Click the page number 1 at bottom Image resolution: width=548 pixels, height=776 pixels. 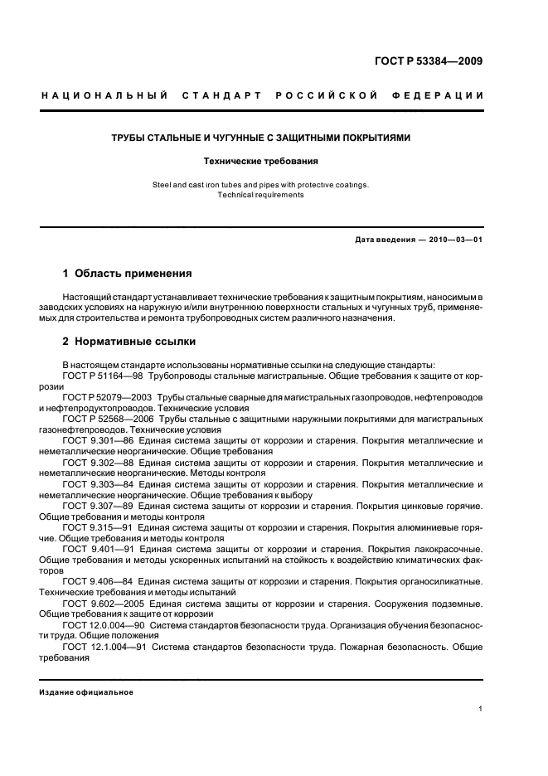click(x=481, y=708)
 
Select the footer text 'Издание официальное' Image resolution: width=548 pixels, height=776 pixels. click(x=86, y=691)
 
